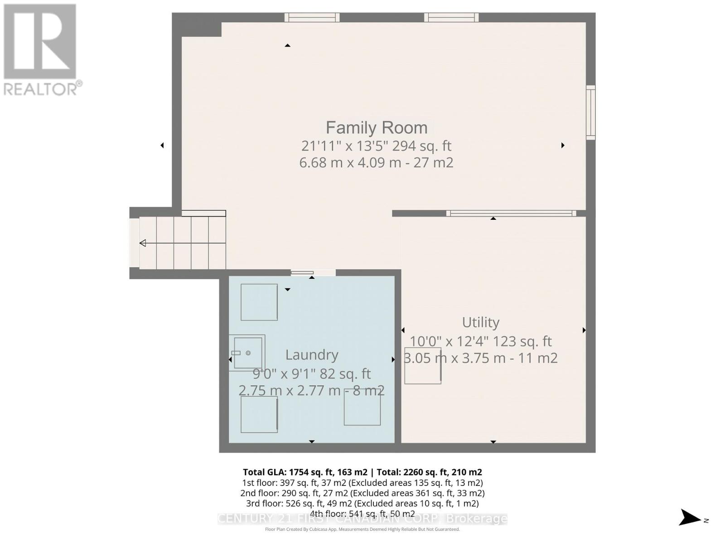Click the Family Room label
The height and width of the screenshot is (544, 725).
[376, 128]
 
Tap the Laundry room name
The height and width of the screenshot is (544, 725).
[312, 355]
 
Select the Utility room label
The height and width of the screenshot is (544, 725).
[480, 322]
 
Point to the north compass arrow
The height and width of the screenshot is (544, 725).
[691, 518]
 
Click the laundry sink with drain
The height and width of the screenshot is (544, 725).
[247, 353]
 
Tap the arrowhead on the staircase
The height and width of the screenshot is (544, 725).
[143, 243]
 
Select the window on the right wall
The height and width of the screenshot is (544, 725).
[590, 112]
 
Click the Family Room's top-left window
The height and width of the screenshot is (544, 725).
[312, 17]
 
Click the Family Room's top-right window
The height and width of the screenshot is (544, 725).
[451, 17]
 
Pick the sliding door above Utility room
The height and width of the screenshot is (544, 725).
[511, 213]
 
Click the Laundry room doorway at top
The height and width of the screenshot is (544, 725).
[313, 272]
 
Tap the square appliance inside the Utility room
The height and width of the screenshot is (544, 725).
[422, 366]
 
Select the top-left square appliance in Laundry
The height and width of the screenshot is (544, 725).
[259, 302]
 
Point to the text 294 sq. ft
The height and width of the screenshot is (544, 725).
[422, 146]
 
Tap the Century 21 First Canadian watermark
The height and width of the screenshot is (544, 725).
[362, 518]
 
